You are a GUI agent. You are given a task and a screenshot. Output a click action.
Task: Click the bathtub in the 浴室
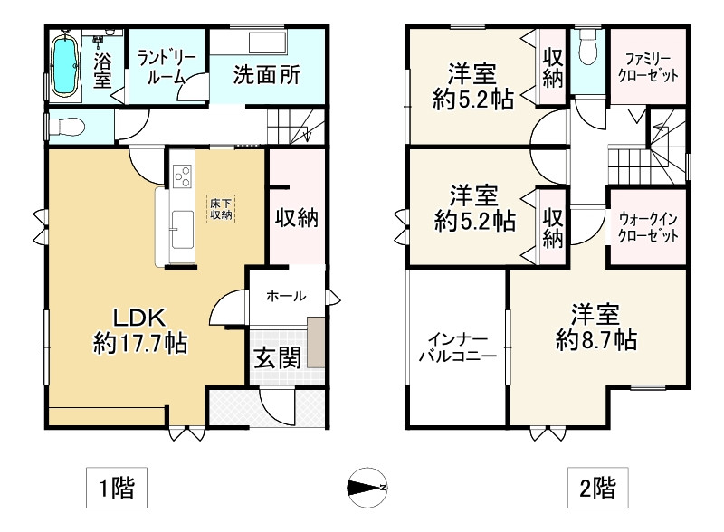coord(64,66)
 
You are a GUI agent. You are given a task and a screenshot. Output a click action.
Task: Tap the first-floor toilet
coord(66,126)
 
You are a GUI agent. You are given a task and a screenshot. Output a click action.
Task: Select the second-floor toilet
coord(586,47)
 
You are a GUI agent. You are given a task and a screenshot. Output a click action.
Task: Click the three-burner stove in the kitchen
coord(183,176)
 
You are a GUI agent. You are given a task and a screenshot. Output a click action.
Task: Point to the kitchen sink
coord(183,231)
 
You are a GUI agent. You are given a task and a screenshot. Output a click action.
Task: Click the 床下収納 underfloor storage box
coord(221,209)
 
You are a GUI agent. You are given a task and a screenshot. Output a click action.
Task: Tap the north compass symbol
coord(367,487)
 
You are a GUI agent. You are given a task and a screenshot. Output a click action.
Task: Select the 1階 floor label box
coord(117,488)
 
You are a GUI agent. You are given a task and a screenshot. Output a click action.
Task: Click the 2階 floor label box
coord(598,488)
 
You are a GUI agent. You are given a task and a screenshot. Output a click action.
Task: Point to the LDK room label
coord(139,318)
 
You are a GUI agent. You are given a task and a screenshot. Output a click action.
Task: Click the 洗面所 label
coord(266,74)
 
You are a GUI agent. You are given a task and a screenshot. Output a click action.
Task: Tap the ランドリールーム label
coord(167,68)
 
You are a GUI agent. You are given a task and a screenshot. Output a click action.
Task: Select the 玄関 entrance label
coord(278,357)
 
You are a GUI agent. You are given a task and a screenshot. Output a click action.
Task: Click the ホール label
coord(286,296)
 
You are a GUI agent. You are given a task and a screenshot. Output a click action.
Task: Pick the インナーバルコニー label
coord(457,348)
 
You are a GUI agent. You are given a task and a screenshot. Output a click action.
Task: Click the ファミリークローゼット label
coord(648,67)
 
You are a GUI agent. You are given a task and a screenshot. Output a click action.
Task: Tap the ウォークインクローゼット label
coord(648,228)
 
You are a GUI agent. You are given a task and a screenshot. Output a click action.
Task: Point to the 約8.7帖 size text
coord(596,340)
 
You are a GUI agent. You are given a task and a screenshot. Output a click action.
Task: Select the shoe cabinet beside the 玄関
coord(316,342)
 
